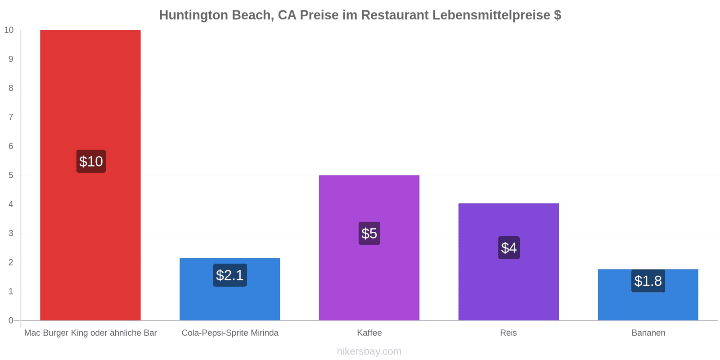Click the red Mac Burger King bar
coord(90,175)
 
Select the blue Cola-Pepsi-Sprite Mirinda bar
coord(230,289)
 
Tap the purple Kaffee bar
coord(369,248)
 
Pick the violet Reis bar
coord(508,262)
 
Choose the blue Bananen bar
coord(648,295)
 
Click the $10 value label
coord(91,162)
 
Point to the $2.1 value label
coord(230,275)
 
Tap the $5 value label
coord(369,234)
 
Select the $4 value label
coord(509,248)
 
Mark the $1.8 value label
coord(648,281)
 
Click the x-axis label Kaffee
coord(369,333)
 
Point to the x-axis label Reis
coord(508,333)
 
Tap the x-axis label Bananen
coord(648,333)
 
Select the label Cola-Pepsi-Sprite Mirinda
coord(230,333)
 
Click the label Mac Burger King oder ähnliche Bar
coord(90,333)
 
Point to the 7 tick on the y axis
coord(11,117)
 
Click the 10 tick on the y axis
coord(9,30)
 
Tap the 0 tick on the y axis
coord(11,320)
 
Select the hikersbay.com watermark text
coord(369,351)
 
